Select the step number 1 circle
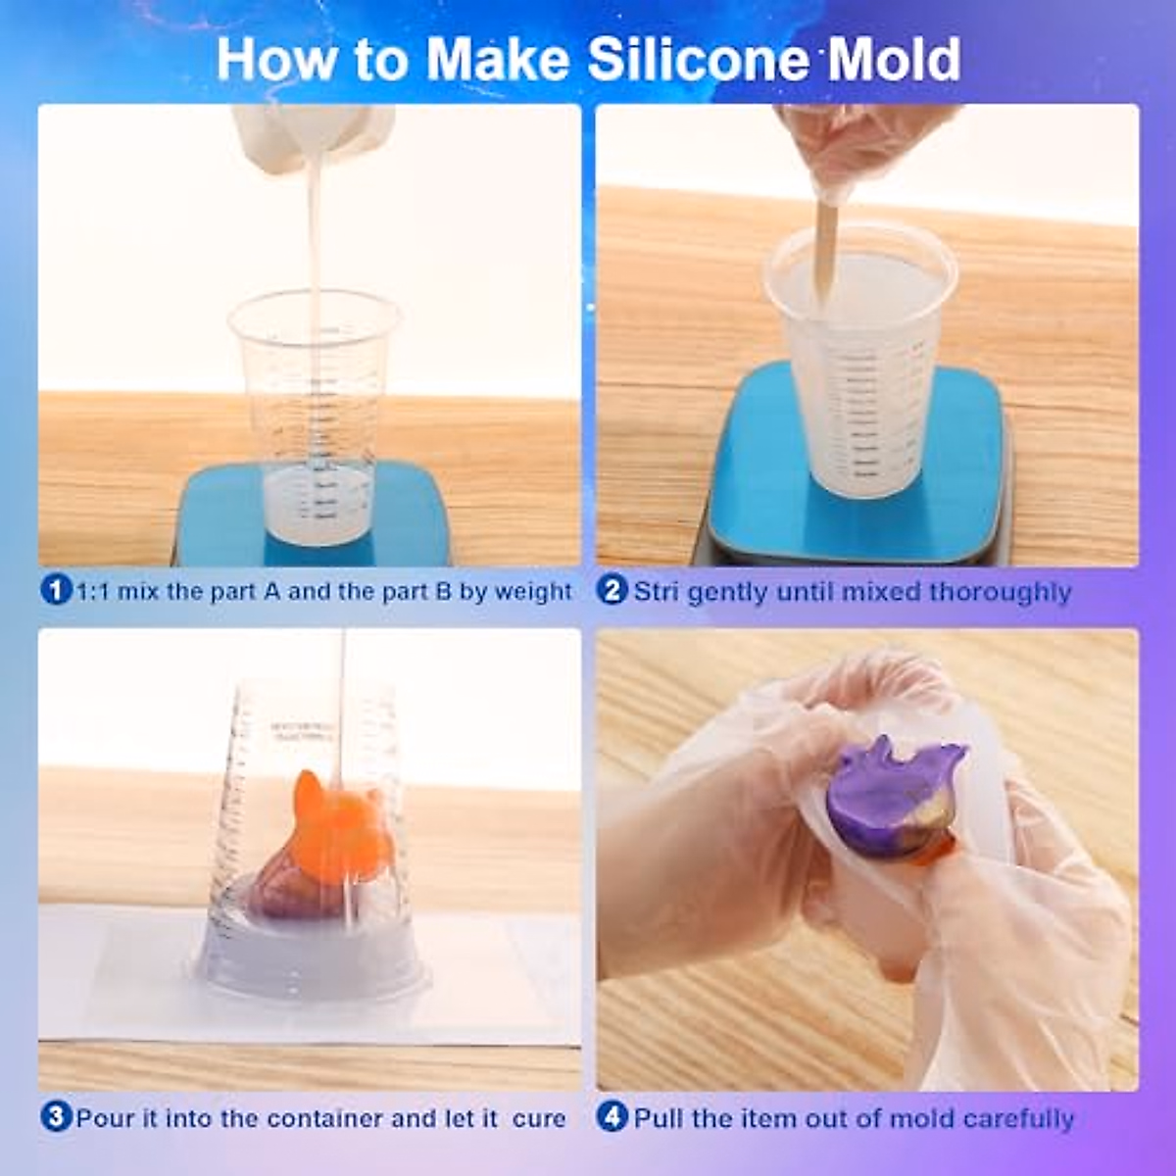pyautogui.click(x=55, y=591)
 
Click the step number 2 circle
pyautogui.click(x=612, y=591)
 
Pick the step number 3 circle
pyautogui.click(x=55, y=1117)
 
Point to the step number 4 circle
pyautogui.click(x=612, y=1117)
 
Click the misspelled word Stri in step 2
pyautogui.click(x=658, y=592)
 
